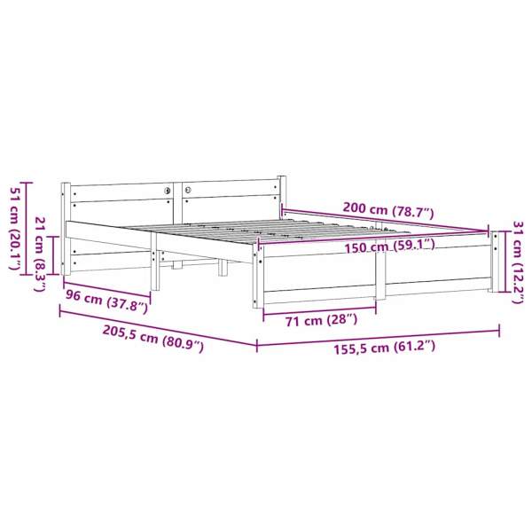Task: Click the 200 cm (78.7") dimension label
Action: [388, 209]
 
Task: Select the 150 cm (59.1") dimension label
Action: [390, 246]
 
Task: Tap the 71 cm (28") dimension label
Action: [321, 320]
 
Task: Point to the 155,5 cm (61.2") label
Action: [385, 348]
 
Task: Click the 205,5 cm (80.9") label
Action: [153, 339]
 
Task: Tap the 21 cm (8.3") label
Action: [41, 254]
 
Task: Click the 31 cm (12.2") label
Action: [519, 262]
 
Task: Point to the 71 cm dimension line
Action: [319, 309]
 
